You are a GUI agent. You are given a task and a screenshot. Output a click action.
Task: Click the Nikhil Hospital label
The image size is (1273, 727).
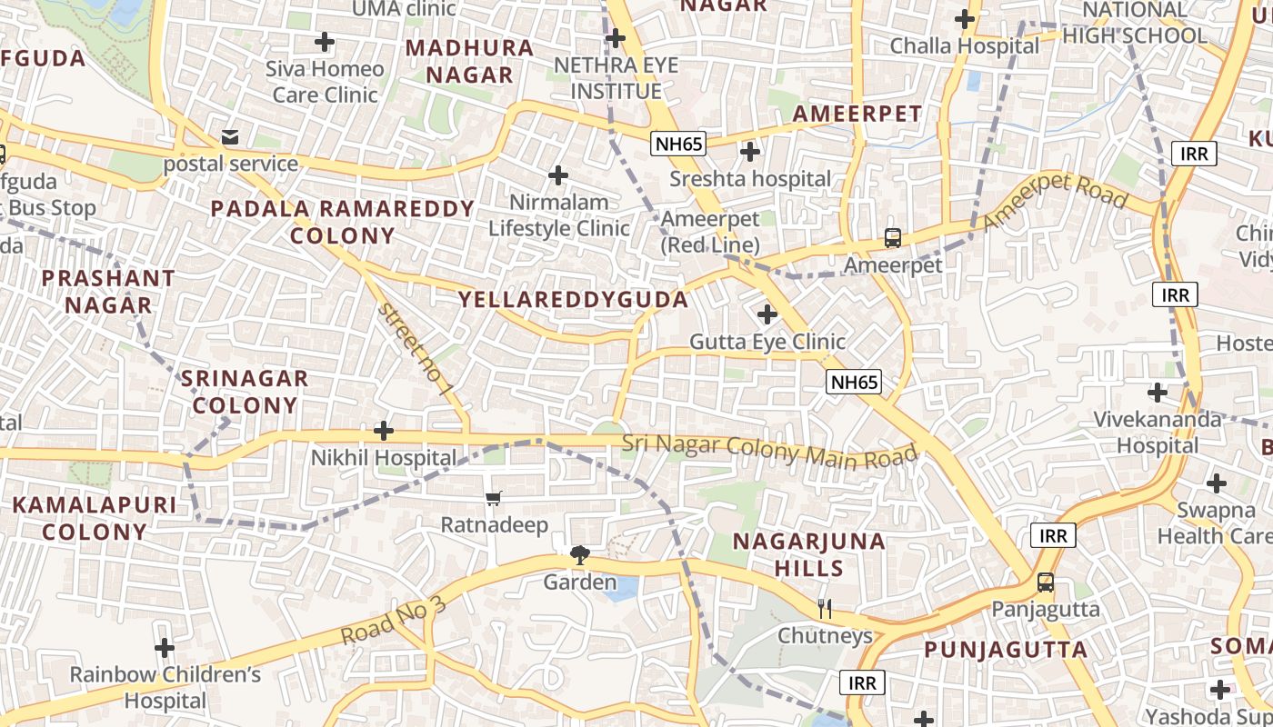pyautogui.click(x=384, y=457)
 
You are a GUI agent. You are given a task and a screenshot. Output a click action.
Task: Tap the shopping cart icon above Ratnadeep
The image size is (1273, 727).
pyautogui.click(x=494, y=498)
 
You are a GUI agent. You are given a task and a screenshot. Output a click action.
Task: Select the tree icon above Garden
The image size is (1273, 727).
pyautogui.click(x=579, y=554)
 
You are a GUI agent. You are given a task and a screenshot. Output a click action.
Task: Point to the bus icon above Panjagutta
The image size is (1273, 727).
pyautogui.click(x=1046, y=583)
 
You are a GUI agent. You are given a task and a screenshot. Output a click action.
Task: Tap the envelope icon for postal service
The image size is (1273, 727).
pyautogui.click(x=230, y=137)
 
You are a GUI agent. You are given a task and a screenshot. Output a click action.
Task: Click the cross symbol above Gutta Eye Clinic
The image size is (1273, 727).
pyautogui.click(x=767, y=314)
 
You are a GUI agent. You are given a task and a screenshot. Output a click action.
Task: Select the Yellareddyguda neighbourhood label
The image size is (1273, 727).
pyautogui.click(x=573, y=299)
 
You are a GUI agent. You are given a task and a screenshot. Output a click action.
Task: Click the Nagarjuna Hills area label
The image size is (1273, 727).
pyautogui.click(x=809, y=554)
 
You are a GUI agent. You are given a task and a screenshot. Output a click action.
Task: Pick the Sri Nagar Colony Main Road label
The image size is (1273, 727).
pyautogui.click(x=769, y=450)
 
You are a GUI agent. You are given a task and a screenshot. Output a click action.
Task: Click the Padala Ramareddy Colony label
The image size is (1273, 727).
pyautogui.click(x=343, y=222)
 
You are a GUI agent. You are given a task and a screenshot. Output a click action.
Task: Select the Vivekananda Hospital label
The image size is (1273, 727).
pyautogui.click(x=1158, y=432)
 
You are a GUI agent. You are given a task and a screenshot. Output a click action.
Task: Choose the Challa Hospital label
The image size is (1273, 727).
pyautogui.click(x=964, y=45)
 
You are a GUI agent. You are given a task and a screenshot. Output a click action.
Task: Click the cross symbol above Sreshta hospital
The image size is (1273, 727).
pyautogui.click(x=750, y=152)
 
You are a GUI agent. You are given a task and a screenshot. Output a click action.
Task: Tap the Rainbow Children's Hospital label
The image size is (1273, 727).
pyautogui.click(x=165, y=687)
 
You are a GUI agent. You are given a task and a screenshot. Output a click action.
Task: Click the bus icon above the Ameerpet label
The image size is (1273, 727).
pyautogui.click(x=893, y=238)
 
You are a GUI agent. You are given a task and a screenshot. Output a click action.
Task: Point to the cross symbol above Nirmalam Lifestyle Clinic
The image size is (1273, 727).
pyautogui.click(x=558, y=174)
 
